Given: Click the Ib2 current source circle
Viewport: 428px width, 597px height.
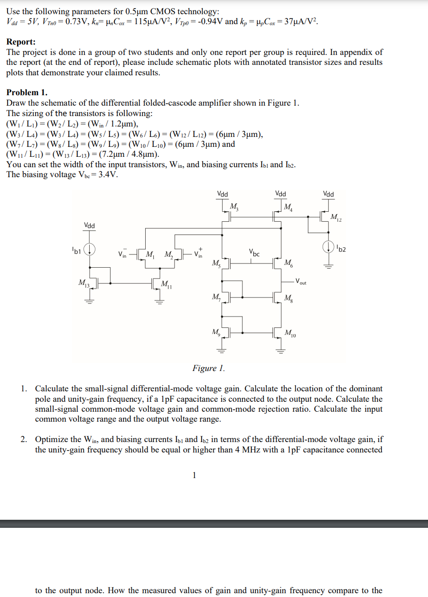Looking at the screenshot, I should click(x=327, y=246).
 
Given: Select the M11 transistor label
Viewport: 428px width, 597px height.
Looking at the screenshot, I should click(x=167, y=284).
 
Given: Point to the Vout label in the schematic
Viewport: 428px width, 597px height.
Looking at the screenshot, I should click(x=301, y=282).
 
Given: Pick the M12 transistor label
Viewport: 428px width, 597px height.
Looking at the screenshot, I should click(x=336, y=217).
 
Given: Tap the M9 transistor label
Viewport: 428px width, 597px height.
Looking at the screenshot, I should click(x=216, y=331).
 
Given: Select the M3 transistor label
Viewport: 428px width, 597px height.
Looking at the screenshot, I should click(x=234, y=206).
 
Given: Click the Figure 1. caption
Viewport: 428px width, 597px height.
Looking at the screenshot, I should click(x=208, y=368).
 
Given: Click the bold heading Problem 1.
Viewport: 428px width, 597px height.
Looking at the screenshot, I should click(x=27, y=92).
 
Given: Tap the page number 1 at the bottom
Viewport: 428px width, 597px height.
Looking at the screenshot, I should click(x=194, y=476).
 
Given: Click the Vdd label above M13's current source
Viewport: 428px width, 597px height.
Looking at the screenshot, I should click(x=90, y=225).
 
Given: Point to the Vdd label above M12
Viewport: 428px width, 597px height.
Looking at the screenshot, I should click(x=328, y=194).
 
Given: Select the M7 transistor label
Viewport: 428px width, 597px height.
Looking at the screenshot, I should click(x=216, y=298).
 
